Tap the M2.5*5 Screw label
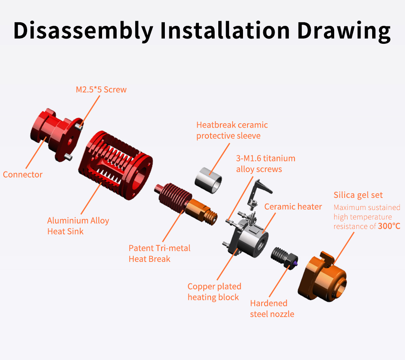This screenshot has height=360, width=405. coord(101,90)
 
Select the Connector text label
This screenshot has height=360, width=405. coord(23,175)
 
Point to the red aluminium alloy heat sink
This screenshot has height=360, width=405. coord(115,165)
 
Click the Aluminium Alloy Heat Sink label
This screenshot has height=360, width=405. coord(78,226)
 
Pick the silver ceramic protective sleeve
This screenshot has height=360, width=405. coord(208,180)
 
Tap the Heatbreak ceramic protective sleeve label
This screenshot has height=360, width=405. coord(232,130)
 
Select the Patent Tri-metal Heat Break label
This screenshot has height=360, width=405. coord(159,253)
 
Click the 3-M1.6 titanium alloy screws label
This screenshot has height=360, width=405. coord(266,163)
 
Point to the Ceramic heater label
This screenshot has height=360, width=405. coord(293,207)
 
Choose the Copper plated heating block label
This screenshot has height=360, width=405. coord(214,292)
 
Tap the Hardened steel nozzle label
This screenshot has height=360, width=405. coord(272,309)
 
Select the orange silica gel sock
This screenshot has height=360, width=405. coord(322,277)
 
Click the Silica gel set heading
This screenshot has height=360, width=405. coord(358,195)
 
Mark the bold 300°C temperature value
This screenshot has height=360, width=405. coord(389,226)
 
